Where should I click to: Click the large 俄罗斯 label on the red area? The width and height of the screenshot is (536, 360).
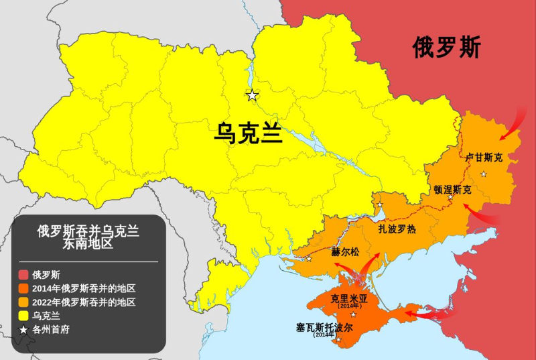pyautogui.click(x=447, y=48)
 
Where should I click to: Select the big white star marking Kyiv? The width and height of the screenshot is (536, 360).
pyautogui.click(x=252, y=95)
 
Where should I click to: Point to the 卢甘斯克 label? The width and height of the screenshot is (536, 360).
pyautogui.click(x=484, y=158)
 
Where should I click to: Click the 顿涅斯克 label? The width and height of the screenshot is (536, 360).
pyautogui.click(x=453, y=190)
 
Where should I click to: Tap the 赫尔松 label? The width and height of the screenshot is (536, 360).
pyautogui.click(x=346, y=253)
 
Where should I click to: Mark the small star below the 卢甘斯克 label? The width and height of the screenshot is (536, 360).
pyautogui.click(x=484, y=174)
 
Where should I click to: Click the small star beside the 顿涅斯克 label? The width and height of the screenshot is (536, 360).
pyautogui.click(x=450, y=198)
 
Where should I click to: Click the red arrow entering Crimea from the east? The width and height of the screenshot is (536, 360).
pyautogui.click(x=429, y=312)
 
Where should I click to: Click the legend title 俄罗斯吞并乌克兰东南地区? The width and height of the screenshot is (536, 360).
pyautogui.click(x=88, y=238)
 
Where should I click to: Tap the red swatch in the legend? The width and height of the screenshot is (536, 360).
pyautogui.click(x=23, y=274)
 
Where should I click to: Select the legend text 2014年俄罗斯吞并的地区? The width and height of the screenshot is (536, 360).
pyautogui.click(x=84, y=288)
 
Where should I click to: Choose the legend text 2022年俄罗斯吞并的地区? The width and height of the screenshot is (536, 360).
pyautogui.click(x=84, y=302)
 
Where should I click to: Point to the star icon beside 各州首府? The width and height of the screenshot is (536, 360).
pyautogui.click(x=23, y=329)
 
